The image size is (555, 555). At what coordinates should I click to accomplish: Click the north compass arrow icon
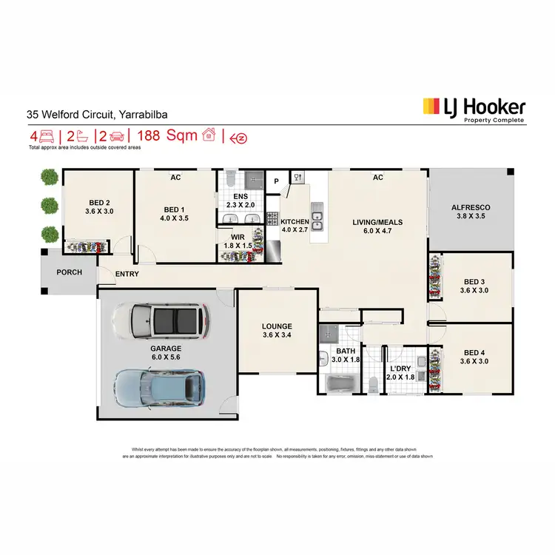click(238, 137)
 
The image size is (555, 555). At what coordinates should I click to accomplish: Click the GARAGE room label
click(166, 347)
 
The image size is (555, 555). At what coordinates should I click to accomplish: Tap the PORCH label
click(70, 272)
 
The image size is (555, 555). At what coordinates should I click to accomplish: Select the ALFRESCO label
click(471, 208)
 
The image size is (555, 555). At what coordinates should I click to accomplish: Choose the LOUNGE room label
click(277, 326)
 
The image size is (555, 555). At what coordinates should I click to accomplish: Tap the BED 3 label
click(474, 282)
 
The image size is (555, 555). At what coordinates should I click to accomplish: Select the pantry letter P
click(276, 181)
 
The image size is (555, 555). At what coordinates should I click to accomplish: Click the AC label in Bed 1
click(175, 178)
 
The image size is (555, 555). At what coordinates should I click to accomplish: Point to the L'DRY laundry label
click(401, 368)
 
